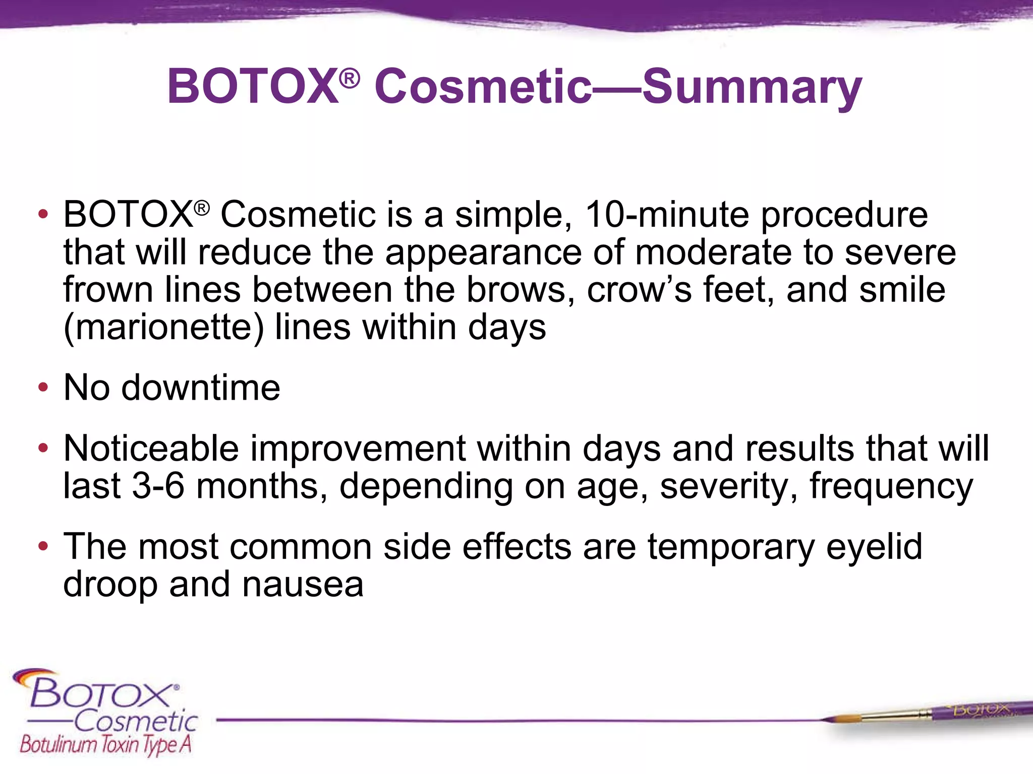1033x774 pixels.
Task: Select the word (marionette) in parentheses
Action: [x=163, y=328]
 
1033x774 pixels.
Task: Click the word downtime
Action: [x=200, y=388]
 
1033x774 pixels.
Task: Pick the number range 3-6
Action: [x=158, y=486]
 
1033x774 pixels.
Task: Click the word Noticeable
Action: [x=151, y=448]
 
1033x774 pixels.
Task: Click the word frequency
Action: [x=891, y=486]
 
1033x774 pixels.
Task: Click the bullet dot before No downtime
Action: [x=43, y=388]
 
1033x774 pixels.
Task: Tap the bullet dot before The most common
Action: [x=43, y=546]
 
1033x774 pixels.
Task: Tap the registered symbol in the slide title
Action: [x=349, y=78]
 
